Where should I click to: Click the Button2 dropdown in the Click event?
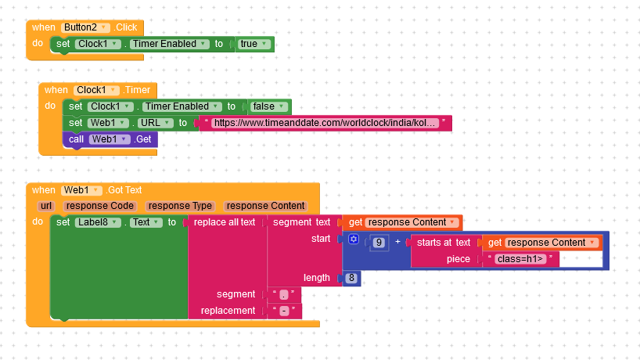tap(85, 27)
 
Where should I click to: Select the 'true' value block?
tap(253, 44)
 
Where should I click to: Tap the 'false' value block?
tap(268, 106)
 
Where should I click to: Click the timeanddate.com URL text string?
tap(325, 123)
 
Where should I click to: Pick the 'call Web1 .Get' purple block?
tap(110, 139)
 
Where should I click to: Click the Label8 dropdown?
tap(98, 222)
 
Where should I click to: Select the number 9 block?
tap(379, 243)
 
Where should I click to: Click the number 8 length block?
tap(351, 279)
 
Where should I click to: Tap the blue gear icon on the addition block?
tap(354, 239)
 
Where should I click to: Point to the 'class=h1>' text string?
tap(520, 259)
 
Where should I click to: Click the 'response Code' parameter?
tap(100, 206)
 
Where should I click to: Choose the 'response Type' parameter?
tap(180, 206)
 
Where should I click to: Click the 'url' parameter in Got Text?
tap(46, 206)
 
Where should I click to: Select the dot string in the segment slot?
tap(284, 295)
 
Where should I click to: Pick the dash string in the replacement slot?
tap(284, 311)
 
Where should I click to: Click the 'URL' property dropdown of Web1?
tap(155, 123)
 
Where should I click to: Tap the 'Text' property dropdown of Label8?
tap(146, 222)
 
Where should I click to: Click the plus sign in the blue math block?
tap(397, 242)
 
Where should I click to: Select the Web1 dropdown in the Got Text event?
tap(81, 190)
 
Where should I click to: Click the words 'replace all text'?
tap(225, 222)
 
